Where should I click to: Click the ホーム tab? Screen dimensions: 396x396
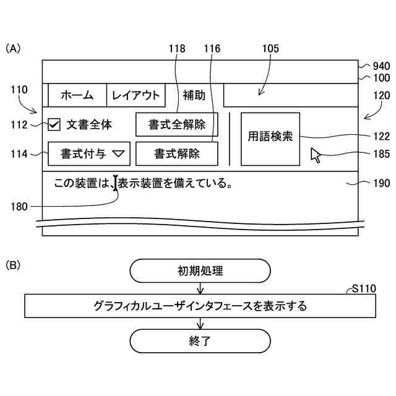[x=77, y=95]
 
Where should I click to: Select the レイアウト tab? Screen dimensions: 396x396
[x=136, y=95]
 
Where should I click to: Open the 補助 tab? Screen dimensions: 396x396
[x=194, y=95]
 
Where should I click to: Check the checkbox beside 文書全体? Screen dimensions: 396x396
[x=54, y=125]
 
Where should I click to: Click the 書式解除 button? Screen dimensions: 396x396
[x=177, y=154]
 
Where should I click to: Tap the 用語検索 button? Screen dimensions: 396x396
[x=270, y=139]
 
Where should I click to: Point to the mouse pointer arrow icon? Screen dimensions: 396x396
[x=316, y=155]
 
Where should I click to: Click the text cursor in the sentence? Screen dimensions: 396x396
[x=116, y=183]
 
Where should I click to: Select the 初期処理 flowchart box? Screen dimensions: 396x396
[x=200, y=270]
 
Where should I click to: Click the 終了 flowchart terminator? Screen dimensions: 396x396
[x=200, y=340]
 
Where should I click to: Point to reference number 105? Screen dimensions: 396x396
[x=270, y=48]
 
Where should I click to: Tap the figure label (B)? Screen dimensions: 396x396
[x=13, y=265]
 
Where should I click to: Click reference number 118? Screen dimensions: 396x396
[x=177, y=48]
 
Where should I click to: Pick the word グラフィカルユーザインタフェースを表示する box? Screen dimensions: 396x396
[x=200, y=306]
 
